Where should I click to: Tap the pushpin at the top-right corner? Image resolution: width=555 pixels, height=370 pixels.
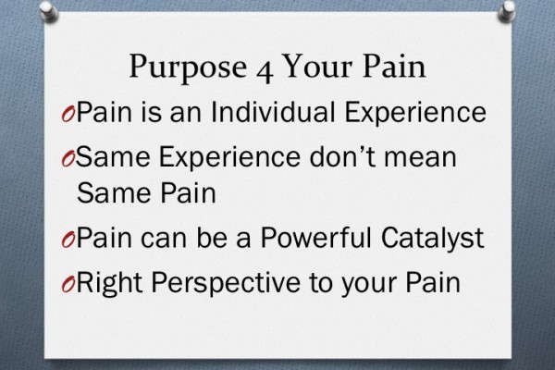[x=508, y=10]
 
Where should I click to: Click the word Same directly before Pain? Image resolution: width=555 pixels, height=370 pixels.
[x=104, y=193]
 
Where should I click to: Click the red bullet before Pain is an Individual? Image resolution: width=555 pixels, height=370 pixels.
[x=66, y=115]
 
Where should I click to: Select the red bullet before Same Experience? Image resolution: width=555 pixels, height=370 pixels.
[x=66, y=155]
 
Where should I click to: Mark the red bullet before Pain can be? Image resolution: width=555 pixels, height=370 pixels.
[x=66, y=238]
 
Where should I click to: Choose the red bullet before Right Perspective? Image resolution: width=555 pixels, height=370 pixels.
[x=66, y=280]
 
